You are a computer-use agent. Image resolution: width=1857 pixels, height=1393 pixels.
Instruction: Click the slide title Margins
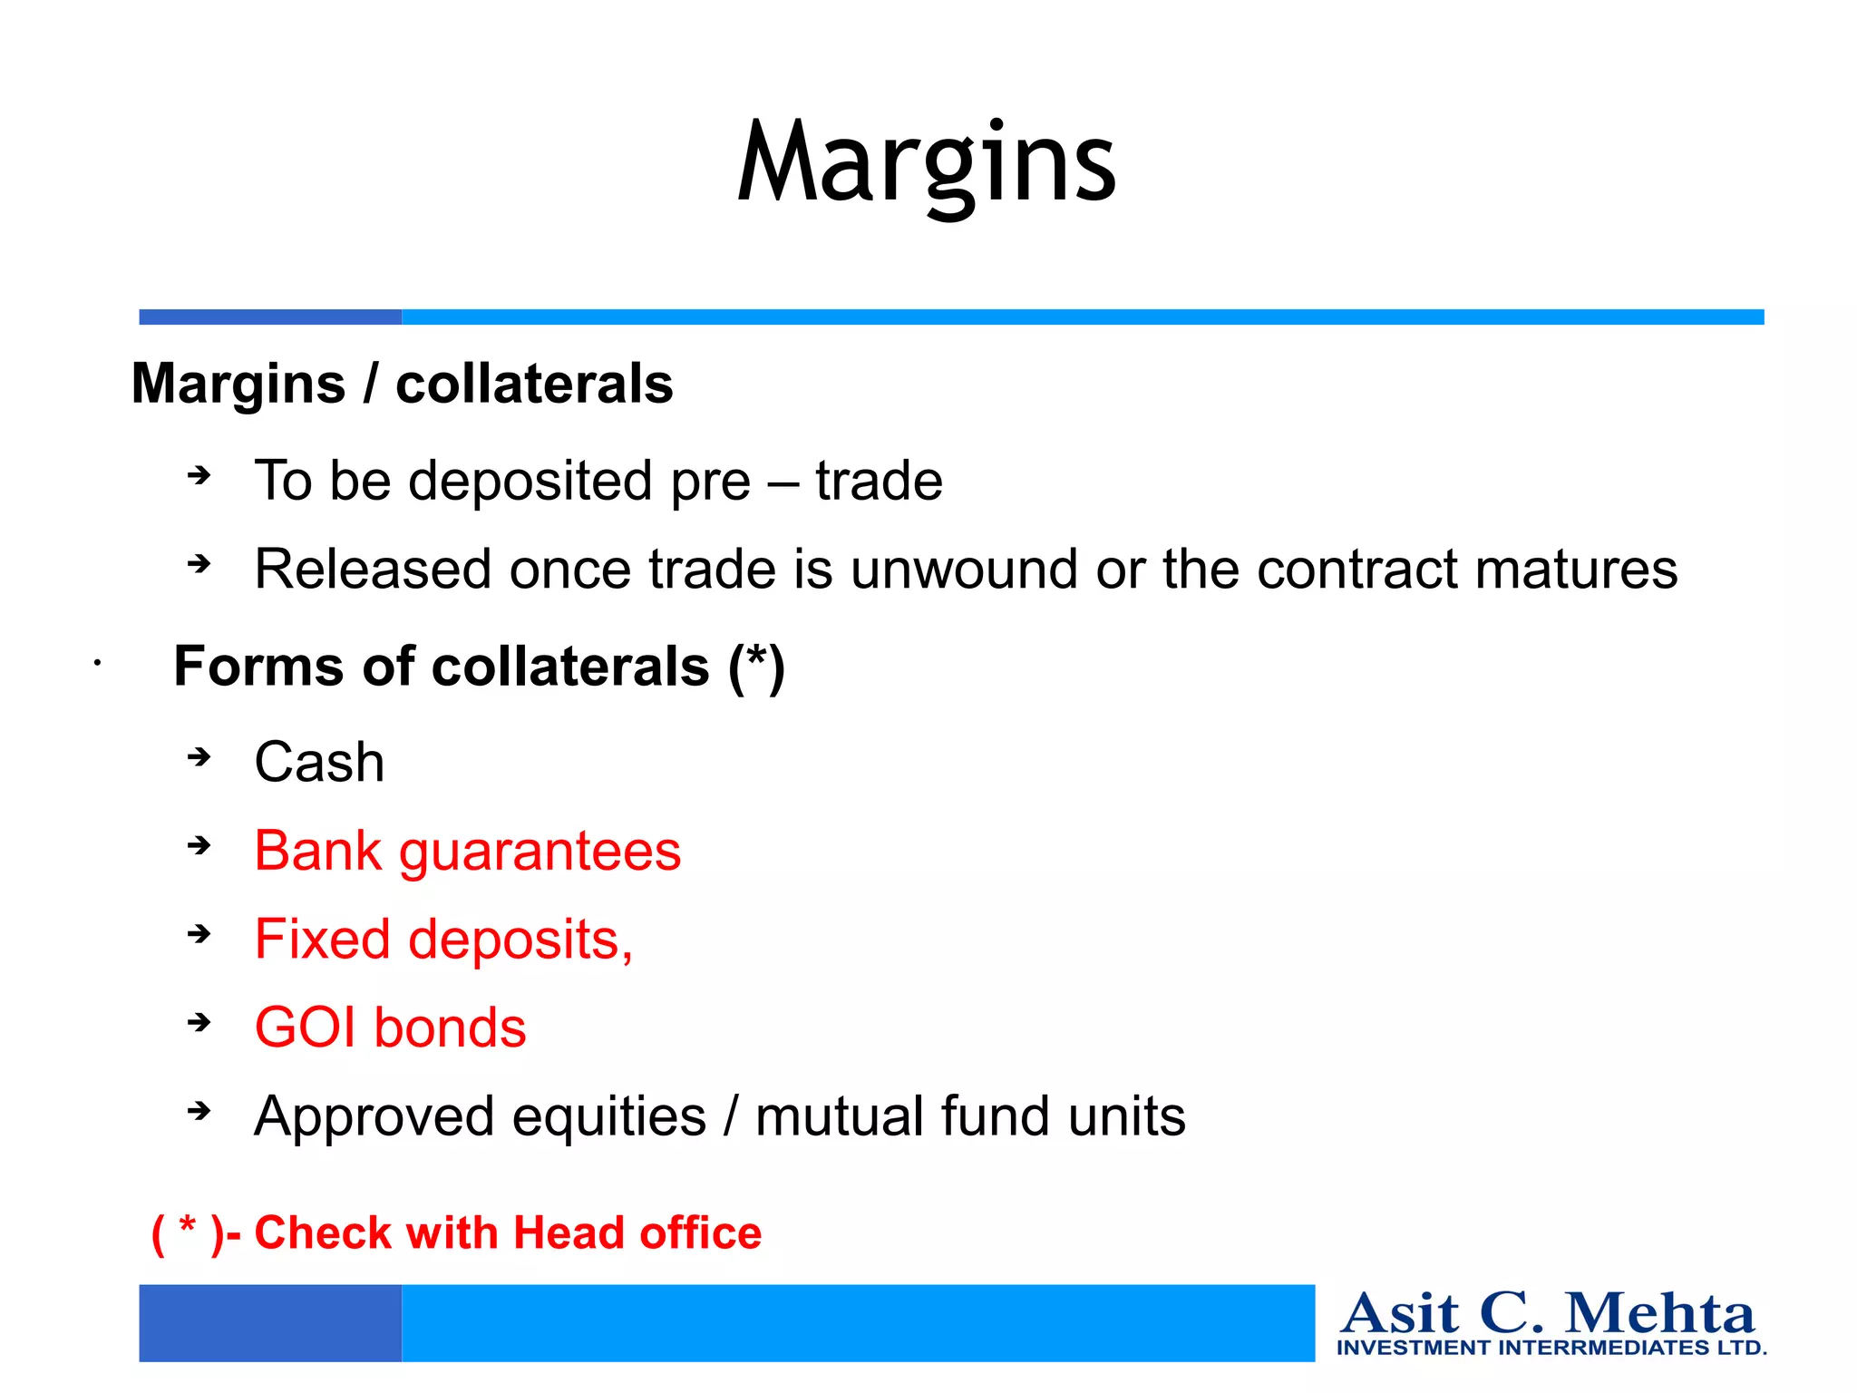click(926, 163)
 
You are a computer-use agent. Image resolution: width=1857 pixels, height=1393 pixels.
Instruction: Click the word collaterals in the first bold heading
click(534, 384)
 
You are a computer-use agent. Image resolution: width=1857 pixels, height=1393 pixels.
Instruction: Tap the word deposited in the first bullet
click(530, 481)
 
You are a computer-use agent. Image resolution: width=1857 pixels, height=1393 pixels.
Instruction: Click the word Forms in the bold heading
click(259, 667)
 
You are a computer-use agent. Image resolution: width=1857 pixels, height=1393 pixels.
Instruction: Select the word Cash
click(319, 762)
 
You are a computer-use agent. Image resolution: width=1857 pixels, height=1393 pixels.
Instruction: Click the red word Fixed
click(322, 939)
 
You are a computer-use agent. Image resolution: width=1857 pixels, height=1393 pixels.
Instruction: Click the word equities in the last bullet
click(608, 1116)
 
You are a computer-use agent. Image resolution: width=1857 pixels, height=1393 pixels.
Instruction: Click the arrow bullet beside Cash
click(199, 756)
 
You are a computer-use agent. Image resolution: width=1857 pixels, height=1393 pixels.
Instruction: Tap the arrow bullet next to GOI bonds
click(199, 1023)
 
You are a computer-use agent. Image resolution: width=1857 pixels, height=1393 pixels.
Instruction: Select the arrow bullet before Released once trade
click(199, 564)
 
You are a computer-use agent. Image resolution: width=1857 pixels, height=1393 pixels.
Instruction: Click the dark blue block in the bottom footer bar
click(270, 1322)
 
